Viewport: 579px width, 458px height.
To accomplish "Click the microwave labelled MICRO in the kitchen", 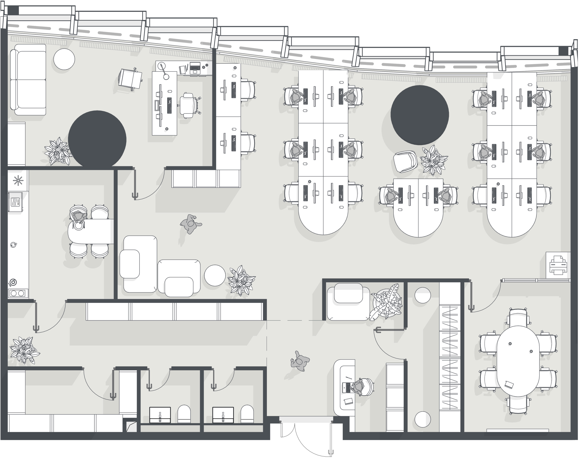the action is coord(15,202).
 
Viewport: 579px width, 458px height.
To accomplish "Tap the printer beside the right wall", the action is coord(558,265).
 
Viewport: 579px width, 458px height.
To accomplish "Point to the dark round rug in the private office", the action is coord(97,140).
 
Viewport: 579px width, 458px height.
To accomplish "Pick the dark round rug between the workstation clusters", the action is coord(420,115).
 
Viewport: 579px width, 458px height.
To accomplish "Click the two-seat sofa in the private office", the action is coord(28,80).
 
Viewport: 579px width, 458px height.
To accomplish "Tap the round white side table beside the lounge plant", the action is coord(215,275).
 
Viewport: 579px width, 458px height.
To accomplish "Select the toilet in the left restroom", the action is coord(184,414).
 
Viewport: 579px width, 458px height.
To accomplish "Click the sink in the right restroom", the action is coord(223,415).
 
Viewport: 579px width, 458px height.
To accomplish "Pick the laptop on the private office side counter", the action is coord(195,68).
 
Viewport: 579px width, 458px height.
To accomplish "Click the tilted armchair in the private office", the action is coord(130,79).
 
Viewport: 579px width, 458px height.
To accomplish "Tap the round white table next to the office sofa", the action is coord(64,59).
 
